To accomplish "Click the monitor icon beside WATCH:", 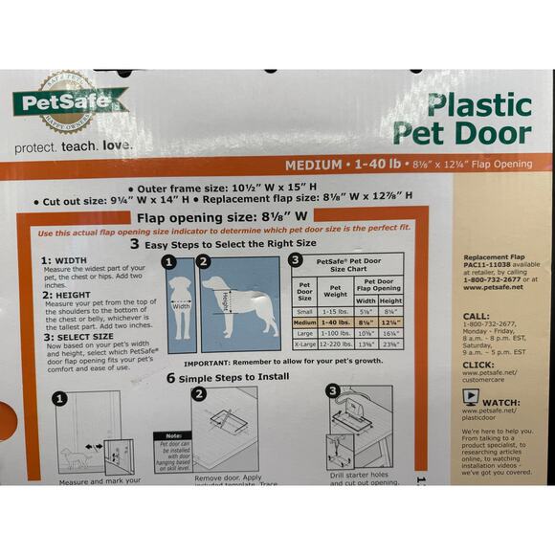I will point(475,402).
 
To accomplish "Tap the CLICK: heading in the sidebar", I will point(478,365).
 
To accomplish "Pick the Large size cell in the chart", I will point(305,332).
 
